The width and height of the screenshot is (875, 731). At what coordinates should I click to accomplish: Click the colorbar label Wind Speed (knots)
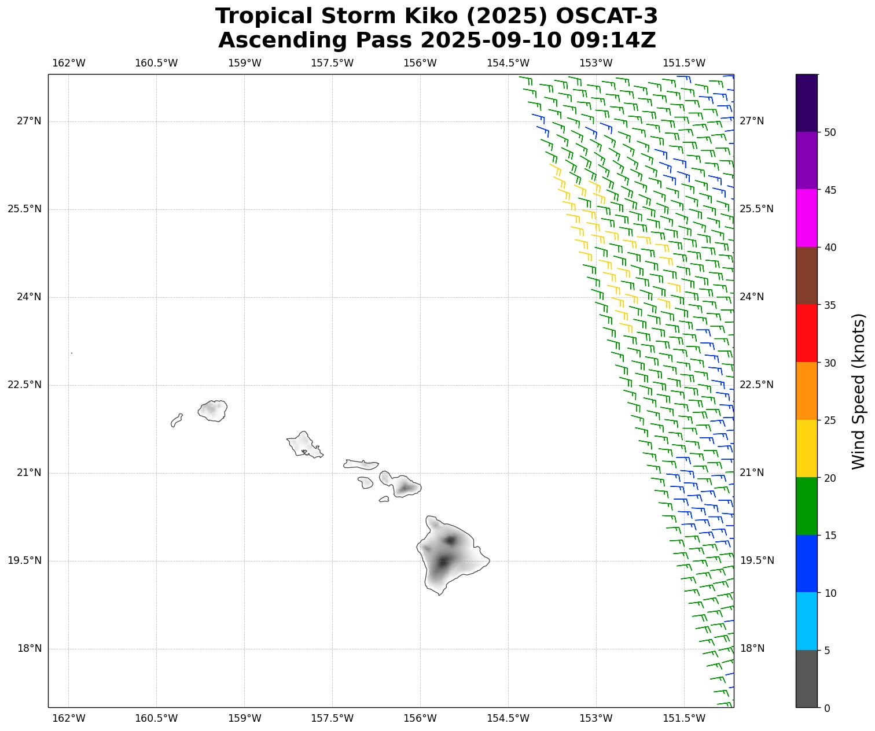[x=859, y=391]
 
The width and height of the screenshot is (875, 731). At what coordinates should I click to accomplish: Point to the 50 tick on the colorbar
[x=830, y=132]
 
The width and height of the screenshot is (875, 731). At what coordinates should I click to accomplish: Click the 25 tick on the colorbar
[x=830, y=420]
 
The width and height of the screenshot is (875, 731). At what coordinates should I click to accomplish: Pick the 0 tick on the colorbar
[x=826, y=708]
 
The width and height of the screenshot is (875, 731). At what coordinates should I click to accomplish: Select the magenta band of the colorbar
[x=807, y=218]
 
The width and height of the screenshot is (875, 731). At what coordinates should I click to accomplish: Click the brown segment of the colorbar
[x=807, y=276]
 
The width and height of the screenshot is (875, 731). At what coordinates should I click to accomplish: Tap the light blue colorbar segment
[x=807, y=621]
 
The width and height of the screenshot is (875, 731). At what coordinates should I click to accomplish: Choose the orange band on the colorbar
[x=807, y=391]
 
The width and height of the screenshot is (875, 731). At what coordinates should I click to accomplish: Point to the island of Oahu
[x=303, y=444]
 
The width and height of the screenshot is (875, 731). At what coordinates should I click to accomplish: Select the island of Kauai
[x=213, y=411]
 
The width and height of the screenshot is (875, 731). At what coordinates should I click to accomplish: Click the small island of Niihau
[x=177, y=420]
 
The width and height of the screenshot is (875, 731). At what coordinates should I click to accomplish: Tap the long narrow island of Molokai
[x=361, y=464]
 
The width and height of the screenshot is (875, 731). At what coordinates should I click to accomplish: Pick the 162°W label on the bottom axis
[x=69, y=718]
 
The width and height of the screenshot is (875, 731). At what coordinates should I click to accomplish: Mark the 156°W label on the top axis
[x=420, y=63]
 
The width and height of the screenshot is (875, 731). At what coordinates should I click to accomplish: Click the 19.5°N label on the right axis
[x=756, y=560]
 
